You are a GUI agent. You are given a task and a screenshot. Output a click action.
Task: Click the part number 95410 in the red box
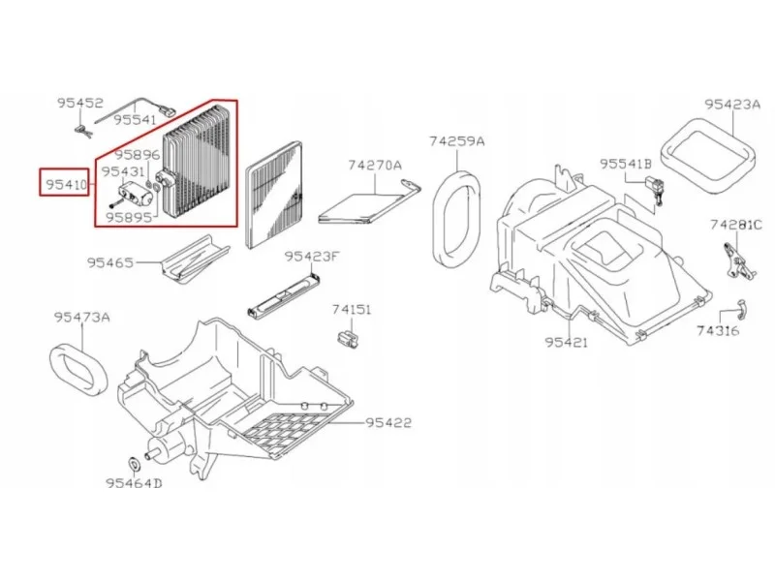[x=66, y=185]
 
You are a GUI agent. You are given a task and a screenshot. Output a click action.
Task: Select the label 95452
[x=80, y=104]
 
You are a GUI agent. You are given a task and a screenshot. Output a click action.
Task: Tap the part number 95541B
[x=626, y=164]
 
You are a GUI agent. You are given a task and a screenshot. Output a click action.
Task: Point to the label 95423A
[x=732, y=105]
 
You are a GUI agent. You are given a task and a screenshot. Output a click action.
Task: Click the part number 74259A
[x=456, y=141]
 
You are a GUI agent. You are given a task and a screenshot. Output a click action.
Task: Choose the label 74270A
[x=375, y=165]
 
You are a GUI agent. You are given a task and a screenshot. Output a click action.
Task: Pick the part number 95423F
[x=312, y=257]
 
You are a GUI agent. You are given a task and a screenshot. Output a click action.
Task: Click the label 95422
[x=388, y=423]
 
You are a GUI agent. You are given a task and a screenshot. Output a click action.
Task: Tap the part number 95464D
[x=134, y=483]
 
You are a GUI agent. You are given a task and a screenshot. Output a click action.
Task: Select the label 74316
[x=718, y=330]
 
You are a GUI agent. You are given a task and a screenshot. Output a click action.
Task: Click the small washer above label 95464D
[x=135, y=464]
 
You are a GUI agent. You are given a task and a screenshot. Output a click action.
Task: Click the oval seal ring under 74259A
[x=457, y=219]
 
